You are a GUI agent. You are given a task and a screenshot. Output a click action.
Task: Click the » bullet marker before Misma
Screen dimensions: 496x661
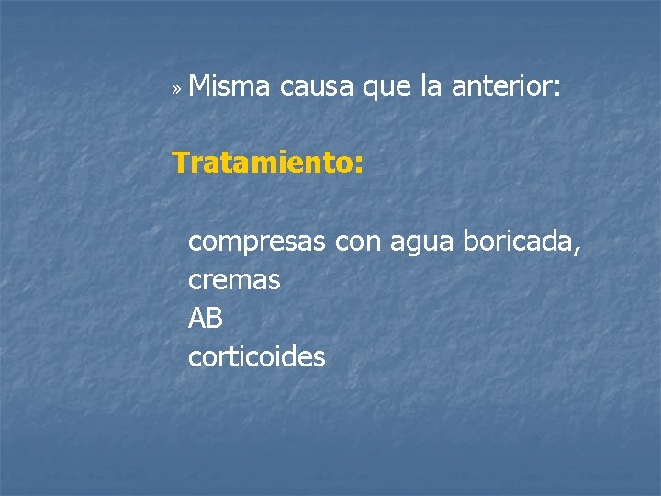[176, 90]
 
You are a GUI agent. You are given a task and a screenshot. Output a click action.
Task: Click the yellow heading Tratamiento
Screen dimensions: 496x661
[266, 163]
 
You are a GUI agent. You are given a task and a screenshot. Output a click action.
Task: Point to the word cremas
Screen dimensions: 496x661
[234, 281]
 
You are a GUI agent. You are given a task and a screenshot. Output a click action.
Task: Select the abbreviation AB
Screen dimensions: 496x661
[206, 318]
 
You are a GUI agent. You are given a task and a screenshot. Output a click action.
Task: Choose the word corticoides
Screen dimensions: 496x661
[256, 356]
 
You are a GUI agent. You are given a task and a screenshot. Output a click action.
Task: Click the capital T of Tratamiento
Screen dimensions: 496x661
[181, 163]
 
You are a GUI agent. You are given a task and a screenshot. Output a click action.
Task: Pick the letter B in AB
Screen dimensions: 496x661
[215, 318]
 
